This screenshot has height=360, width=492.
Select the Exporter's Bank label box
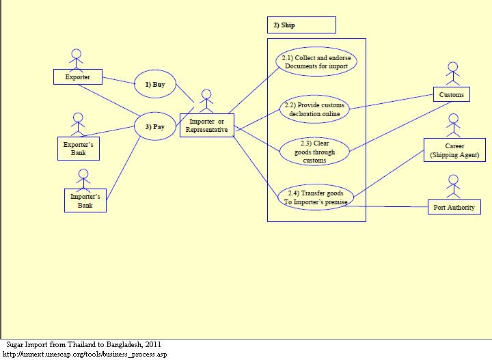pos(79,149)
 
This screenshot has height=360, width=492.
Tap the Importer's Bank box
pos(85,200)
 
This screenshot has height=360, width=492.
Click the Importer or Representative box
pos(207,126)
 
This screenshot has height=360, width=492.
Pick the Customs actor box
pos(451,94)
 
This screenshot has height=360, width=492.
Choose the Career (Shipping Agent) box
pos(454,150)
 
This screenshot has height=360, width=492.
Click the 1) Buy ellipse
pos(154,85)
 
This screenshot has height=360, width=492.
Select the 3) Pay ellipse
pos(154,126)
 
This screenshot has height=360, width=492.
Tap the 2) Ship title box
pos(301,25)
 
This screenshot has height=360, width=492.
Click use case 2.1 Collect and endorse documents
pos(317,62)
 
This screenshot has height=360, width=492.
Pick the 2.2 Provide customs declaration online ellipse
pos(314,109)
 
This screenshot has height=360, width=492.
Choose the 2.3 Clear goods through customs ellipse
pos(314,152)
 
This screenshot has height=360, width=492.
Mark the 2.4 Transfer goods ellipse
pos(316,197)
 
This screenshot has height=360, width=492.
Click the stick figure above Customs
pos(452,73)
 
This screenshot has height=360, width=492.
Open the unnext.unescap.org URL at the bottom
pos(85,354)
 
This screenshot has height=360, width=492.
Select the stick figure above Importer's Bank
pos(83,178)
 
